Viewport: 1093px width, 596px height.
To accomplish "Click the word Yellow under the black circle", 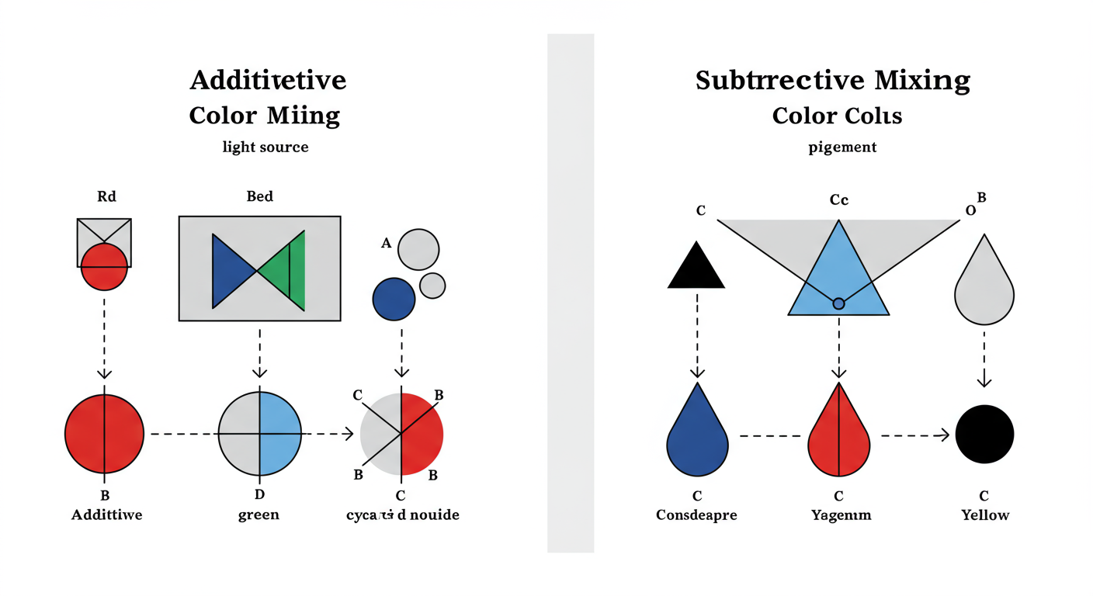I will [985, 515].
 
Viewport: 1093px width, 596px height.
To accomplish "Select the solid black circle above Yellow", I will [984, 434].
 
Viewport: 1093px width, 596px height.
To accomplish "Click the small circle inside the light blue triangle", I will [838, 303].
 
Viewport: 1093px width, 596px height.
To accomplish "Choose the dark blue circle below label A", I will [394, 300].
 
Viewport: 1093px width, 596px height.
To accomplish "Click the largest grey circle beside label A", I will [418, 249].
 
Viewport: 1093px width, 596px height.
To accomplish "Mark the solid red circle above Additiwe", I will [104, 434].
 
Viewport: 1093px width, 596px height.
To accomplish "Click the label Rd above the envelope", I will [106, 196].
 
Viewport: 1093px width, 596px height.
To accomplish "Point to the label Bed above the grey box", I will [259, 196].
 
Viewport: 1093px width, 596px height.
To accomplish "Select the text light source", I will [265, 147].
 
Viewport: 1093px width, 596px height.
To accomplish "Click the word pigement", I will [842, 147].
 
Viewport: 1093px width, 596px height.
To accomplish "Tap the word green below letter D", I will [259, 515].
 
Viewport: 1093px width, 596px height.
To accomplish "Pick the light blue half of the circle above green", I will [279, 434].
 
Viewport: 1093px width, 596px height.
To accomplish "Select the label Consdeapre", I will [697, 515].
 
